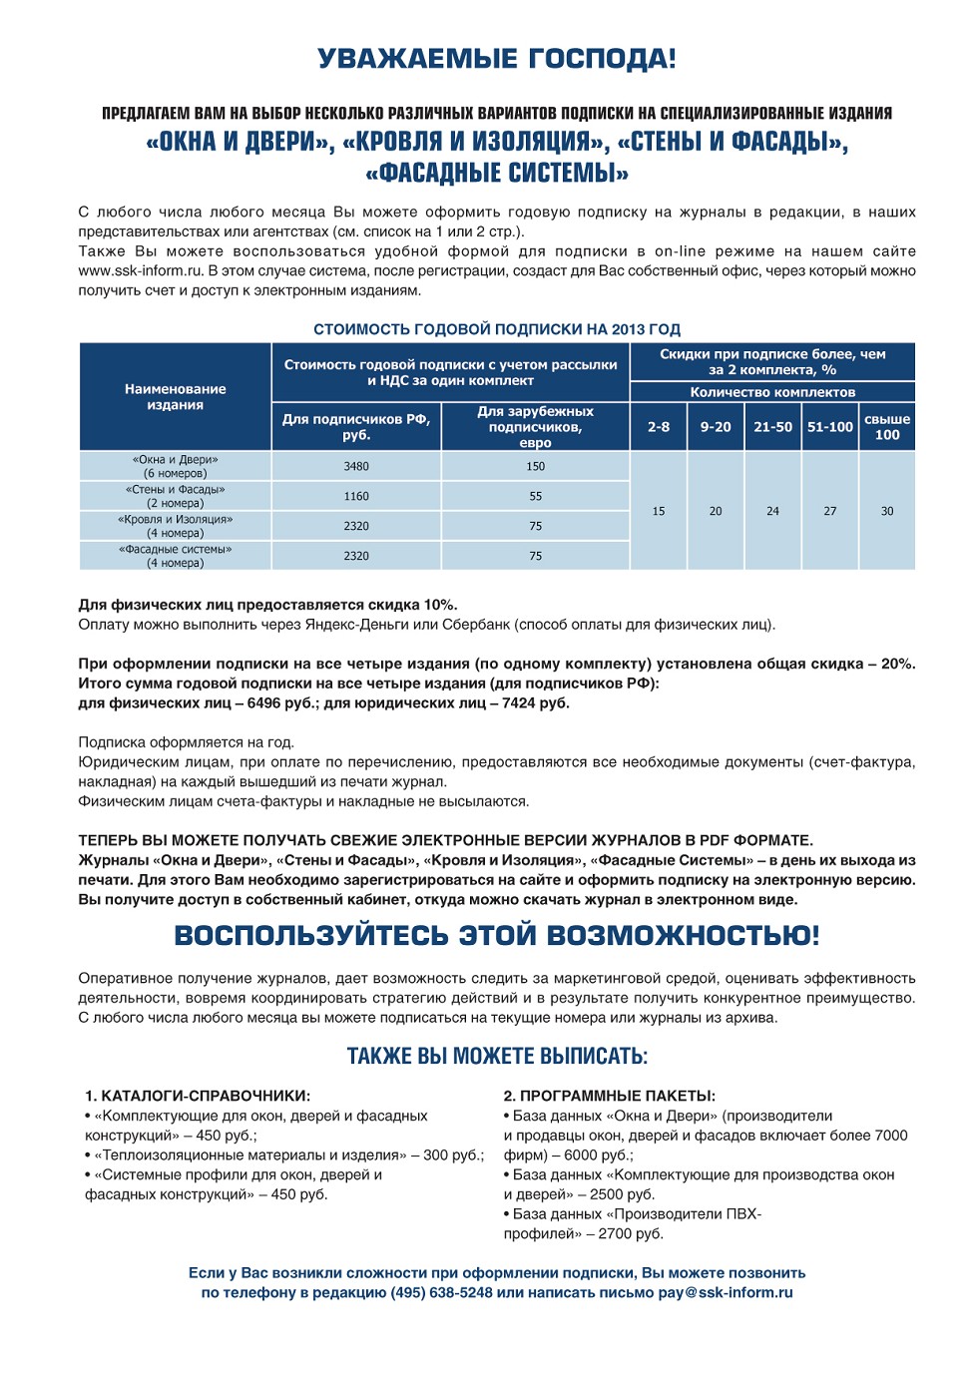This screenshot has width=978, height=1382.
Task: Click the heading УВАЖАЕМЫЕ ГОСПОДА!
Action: pos(496,59)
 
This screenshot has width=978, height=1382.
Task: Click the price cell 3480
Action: pos(356,466)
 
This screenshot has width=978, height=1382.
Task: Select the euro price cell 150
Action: pos(536,466)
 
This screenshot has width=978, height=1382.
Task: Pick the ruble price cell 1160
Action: pos(356,496)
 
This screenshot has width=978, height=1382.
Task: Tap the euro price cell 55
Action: pos(536,496)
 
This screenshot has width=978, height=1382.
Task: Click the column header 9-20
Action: pos(716,427)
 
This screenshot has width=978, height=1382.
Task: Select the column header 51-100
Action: pos(830,427)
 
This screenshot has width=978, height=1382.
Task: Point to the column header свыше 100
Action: pos(887,427)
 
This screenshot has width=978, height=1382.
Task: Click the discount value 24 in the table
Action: pos(772,511)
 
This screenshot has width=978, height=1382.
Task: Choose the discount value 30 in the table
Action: pos(887,511)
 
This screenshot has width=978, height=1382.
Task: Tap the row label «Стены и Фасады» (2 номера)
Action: pos(176,496)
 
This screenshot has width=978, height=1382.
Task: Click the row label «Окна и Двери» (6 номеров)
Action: pos(176,466)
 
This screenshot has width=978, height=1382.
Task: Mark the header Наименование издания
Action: pos(176,397)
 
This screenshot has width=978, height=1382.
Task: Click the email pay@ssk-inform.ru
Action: pos(726,1293)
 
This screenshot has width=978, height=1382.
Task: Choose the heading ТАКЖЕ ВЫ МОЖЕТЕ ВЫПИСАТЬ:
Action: pos(497,1057)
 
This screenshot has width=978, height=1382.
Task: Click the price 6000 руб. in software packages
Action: pos(598,1155)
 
